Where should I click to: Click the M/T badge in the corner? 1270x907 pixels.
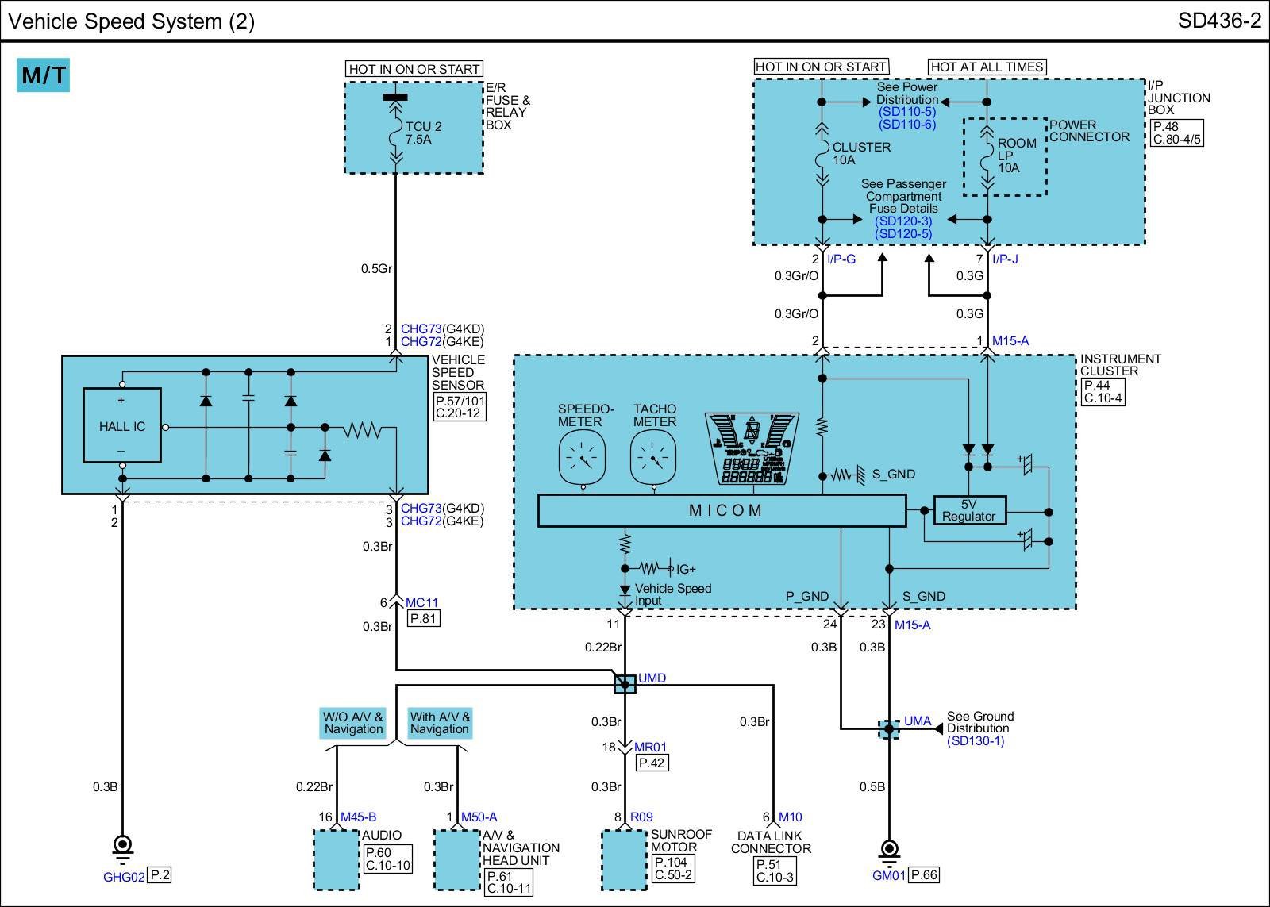pos(43,75)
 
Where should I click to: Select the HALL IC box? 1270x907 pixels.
pos(122,425)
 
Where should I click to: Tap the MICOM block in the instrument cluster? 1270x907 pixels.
pos(722,510)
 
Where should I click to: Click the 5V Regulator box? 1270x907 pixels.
pos(969,510)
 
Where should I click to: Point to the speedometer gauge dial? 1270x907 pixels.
pos(582,457)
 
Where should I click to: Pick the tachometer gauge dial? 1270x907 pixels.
pos(653,457)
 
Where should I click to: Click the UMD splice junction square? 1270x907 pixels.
pos(625,684)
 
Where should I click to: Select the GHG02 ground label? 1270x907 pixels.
pos(124,877)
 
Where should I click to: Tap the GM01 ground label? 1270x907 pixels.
pos(888,876)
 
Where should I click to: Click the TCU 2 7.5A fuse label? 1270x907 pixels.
pos(423,133)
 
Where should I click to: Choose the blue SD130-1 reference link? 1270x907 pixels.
pos(976,741)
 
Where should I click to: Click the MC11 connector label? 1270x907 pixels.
pos(421,602)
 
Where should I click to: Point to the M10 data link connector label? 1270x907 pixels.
pos(791,817)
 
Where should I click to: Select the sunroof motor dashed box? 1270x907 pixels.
pos(624,860)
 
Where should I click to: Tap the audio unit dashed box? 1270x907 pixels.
pos(337,860)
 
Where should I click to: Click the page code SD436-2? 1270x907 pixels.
pos(1219,21)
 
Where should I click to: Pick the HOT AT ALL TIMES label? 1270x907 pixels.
pos(987,67)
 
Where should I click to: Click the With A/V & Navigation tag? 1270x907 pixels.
pos(440,723)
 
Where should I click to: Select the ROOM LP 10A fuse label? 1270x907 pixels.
pos(1017,156)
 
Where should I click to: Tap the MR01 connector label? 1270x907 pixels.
pos(650,748)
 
